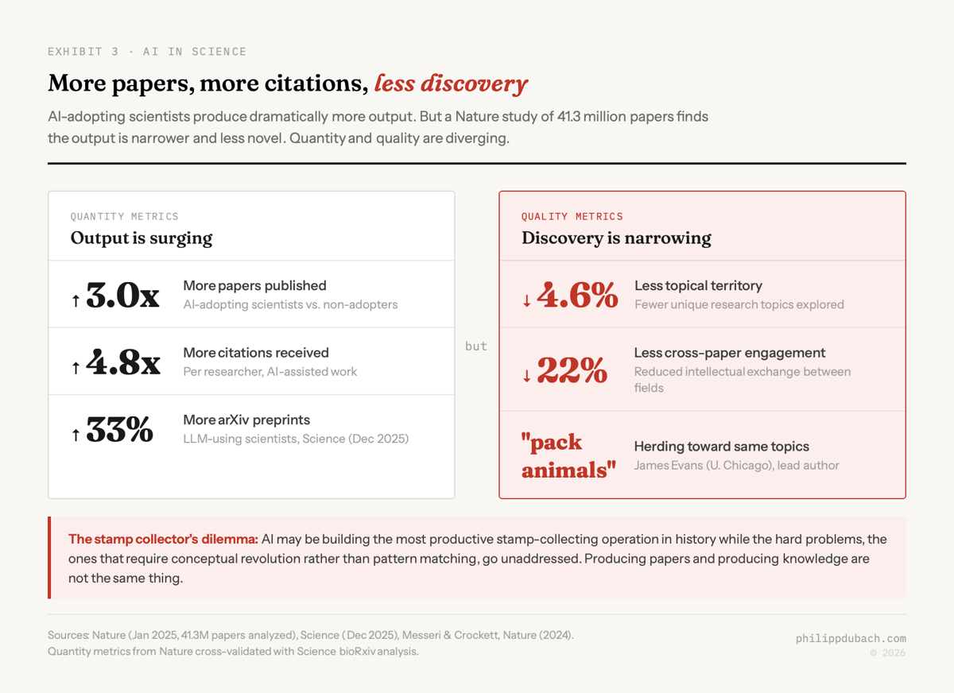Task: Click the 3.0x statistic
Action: [x=122, y=296]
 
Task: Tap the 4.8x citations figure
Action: [x=123, y=363]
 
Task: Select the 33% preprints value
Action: [x=120, y=430]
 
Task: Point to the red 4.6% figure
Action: [x=577, y=296]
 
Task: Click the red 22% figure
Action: [x=572, y=370]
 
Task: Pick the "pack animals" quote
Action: [x=568, y=456]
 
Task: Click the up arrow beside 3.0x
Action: [x=76, y=300]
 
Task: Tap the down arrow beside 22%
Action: [x=526, y=376]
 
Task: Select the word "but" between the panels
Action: [x=476, y=346]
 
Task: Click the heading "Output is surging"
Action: [x=142, y=238]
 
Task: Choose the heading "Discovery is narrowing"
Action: [x=616, y=238]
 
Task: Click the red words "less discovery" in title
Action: [x=451, y=83]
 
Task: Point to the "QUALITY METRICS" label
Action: [x=572, y=216]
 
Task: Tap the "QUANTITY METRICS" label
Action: [x=125, y=216]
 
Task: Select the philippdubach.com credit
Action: [x=851, y=638]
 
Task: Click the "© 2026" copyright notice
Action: [x=887, y=652]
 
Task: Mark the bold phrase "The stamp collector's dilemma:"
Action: [x=163, y=539]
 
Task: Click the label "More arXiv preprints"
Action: [x=246, y=420]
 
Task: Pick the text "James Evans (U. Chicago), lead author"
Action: [x=736, y=465]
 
